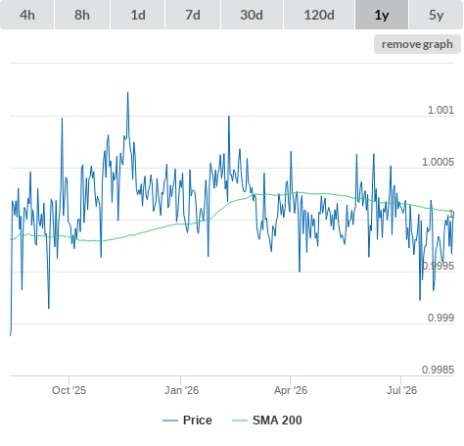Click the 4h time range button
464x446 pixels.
[27, 15]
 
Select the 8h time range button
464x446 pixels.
[82, 15]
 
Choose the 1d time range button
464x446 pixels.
[138, 15]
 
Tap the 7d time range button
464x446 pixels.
[193, 15]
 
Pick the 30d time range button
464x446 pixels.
[252, 15]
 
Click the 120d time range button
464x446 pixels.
[319, 15]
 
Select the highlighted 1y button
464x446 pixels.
[382, 15]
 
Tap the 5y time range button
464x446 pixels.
[437, 15]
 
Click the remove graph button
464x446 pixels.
[417, 44]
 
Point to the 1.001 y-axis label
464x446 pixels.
[441, 110]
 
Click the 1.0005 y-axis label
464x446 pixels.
[438, 162]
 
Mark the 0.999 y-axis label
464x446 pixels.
[441, 318]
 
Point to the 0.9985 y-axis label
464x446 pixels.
[438, 370]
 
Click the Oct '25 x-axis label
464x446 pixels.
[69, 390]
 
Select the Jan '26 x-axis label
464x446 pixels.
[181, 390]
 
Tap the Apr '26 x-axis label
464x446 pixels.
[291, 390]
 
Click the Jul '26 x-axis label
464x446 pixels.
[401, 390]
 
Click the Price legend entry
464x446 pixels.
[187, 421]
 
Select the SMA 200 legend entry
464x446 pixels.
[267, 421]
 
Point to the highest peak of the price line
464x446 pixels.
[127, 92]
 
